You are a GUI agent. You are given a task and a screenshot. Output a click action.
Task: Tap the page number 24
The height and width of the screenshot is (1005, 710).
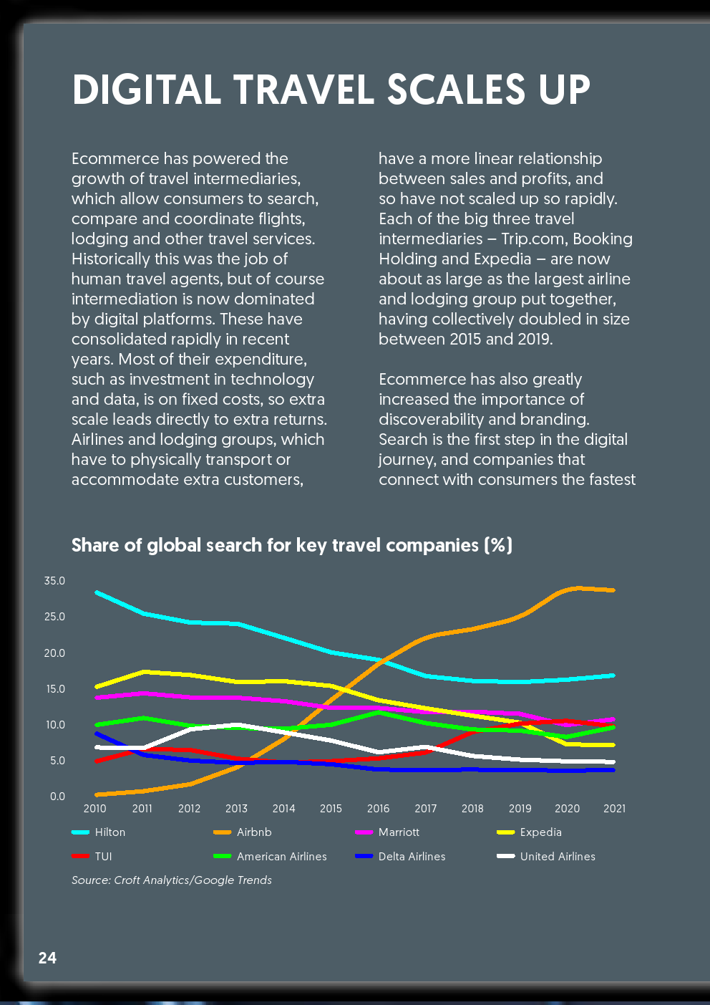coord(47,958)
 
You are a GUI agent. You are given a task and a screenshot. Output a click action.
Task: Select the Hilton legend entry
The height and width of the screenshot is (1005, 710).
coord(99,832)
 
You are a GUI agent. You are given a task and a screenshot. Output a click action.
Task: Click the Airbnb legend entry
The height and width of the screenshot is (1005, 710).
coord(243,832)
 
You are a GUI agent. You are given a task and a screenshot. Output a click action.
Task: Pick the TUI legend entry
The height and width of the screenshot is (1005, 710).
coord(92,857)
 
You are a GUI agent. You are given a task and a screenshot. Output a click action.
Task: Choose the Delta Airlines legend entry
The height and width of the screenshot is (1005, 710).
coord(400,857)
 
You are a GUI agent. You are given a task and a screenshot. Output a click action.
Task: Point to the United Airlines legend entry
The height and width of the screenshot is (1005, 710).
coord(546,857)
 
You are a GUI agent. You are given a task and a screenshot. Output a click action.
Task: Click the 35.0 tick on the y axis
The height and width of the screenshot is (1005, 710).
coord(54,580)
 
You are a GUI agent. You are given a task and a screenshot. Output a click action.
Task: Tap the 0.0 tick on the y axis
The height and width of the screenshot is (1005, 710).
coord(57,797)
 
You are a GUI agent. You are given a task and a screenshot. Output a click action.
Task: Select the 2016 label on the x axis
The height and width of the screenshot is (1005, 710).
coord(379,809)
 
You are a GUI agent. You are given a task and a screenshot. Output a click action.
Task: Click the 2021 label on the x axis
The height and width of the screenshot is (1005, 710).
coord(614,809)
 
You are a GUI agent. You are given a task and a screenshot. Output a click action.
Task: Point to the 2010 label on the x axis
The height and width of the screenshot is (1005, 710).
coord(95,809)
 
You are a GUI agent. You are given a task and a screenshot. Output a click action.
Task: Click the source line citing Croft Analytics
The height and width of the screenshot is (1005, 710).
coord(172,880)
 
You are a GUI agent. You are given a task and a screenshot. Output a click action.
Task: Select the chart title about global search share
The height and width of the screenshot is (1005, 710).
coord(292,545)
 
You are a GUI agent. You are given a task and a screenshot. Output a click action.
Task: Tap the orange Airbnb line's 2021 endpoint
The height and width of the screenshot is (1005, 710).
coord(613,590)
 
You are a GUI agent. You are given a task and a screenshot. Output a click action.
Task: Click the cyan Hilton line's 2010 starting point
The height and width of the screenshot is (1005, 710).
coord(97,592)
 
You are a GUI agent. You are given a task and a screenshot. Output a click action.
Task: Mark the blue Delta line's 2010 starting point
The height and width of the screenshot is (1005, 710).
coord(97,734)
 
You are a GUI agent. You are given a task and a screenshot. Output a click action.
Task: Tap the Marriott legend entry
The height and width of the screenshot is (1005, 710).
coord(387,832)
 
